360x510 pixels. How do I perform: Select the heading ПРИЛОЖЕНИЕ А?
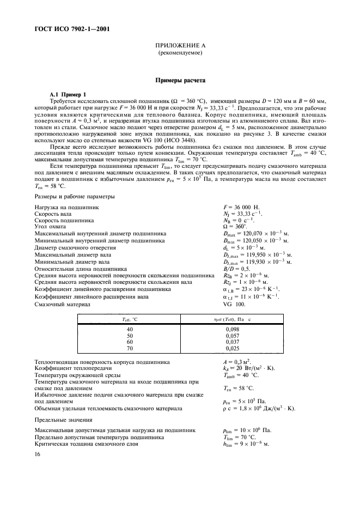(x=180, y=48)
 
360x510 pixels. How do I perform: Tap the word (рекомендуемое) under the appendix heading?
(x=180, y=54)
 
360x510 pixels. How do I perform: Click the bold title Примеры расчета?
(x=180, y=80)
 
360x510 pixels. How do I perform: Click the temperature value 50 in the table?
(x=129, y=337)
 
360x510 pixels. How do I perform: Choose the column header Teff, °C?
(x=129, y=319)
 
